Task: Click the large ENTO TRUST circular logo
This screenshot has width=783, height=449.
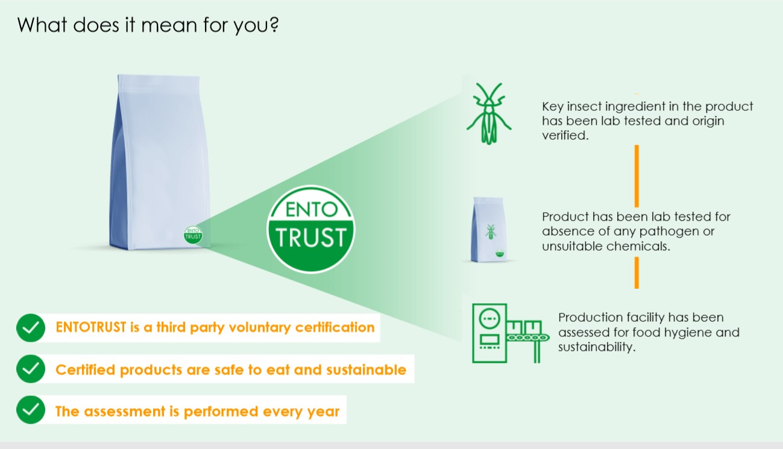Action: click(x=311, y=229)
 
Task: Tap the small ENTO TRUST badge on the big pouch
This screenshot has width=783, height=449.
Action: click(x=193, y=235)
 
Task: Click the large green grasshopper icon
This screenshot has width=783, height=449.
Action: click(x=489, y=113)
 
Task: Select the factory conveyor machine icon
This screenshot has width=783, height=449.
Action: click(x=511, y=333)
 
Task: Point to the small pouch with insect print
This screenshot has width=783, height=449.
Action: click(x=489, y=230)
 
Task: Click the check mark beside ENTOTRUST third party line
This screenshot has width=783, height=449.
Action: click(x=31, y=328)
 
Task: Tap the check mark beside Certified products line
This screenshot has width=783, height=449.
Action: click(x=31, y=369)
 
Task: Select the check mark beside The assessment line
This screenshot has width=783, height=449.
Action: click(x=31, y=410)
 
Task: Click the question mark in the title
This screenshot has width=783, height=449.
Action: click(x=274, y=25)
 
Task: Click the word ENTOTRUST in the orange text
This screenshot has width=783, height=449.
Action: click(x=91, y=327)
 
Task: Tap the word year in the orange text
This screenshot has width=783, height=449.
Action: click(x=323, y=412)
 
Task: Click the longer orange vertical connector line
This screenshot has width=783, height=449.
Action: click(x=637, y=176)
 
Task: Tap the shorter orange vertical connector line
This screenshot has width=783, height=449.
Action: click(x=637, y=273)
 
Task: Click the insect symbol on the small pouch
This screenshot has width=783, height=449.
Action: click(x=491, y=232)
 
